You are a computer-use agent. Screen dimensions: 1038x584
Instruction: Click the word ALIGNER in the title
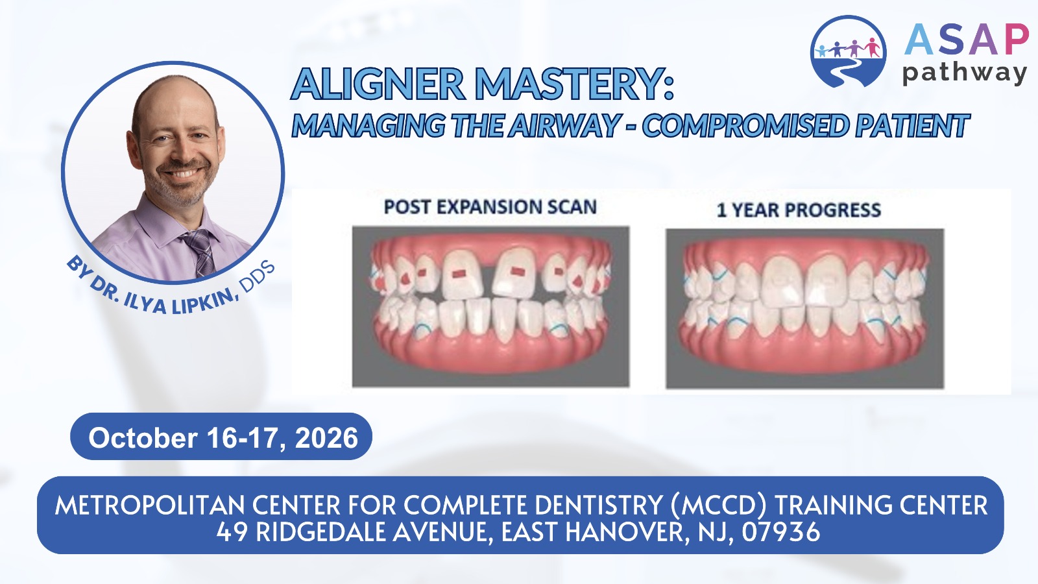click(x=378, y=84)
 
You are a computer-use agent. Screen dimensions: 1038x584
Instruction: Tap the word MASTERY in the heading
click(x=571, y=84)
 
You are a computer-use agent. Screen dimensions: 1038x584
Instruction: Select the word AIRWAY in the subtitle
click(x=564, y=125)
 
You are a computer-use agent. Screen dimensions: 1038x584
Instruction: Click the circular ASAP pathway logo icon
click(x=849, y=51)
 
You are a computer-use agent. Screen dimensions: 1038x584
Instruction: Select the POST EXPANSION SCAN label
click(x=490, y=207)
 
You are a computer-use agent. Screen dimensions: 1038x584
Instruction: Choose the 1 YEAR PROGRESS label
click(x=799, y=210)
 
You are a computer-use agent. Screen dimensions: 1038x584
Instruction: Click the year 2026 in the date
click(x=326, y=437)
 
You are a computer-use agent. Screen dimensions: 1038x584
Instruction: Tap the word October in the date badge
click(x=143, y=437)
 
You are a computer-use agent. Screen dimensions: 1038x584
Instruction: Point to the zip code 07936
click(x=781, y=532)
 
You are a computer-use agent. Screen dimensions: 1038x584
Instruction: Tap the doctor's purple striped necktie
click(x=199, y=251)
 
